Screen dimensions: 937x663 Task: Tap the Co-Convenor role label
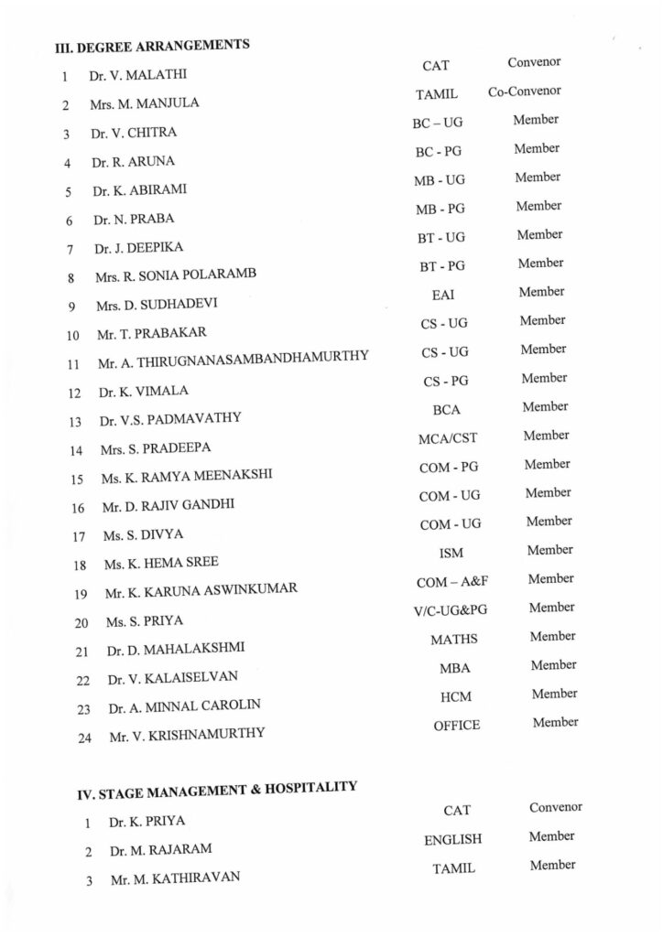click(524, 92)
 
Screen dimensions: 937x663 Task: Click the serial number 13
click(74, 423)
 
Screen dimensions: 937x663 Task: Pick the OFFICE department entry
click(456, 726)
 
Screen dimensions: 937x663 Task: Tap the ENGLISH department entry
click(452, 839)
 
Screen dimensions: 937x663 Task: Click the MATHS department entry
click(453, 640)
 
